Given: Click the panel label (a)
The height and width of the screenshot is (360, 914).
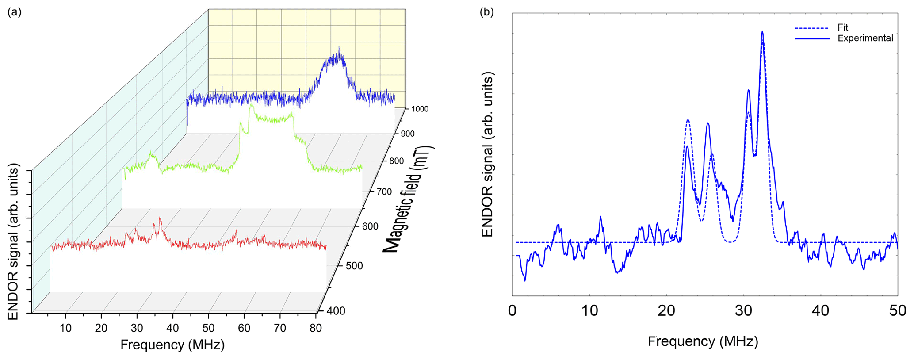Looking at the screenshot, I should tap(15, 12).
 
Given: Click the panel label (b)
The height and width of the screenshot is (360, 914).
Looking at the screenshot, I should tap(487, 12).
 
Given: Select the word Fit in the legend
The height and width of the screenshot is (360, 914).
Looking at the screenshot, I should tap(842, 27).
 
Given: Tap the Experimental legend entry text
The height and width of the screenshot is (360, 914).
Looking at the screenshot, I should tap(865, 38).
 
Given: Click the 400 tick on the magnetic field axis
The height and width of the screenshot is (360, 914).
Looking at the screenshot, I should tap(336, 311).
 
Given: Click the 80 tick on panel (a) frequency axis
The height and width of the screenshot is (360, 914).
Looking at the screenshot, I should tap(315, 328).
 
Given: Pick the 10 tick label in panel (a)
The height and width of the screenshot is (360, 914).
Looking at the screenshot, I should tap(65, 328).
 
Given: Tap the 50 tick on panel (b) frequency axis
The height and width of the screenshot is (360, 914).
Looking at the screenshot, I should tap(897, 311).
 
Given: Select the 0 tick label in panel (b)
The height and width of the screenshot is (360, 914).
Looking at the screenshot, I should tap(512, 311).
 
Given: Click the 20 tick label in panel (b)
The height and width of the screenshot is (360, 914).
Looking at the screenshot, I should tap(666, 311).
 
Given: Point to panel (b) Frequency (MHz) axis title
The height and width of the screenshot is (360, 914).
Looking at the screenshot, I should tap(703, 341).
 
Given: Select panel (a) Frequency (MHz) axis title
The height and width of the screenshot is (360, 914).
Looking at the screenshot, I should tap(172, 345).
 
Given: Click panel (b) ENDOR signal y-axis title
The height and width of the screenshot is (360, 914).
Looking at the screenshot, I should tap(487, 155).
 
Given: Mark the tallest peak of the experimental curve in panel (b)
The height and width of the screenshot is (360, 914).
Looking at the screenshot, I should tap(762, 31).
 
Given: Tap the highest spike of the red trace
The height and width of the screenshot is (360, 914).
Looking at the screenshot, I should tap(160, 218).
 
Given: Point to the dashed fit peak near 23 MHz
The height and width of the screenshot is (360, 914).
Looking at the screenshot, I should tap(688, 120).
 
